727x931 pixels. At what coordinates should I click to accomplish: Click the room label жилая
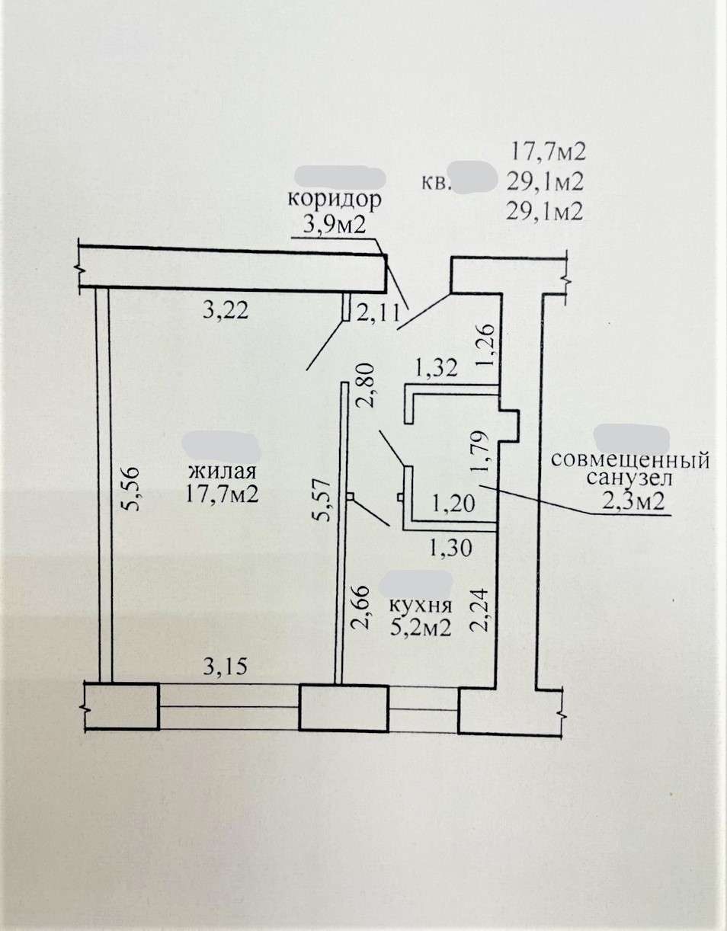(223, 472)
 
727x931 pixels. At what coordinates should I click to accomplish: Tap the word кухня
(420, 606)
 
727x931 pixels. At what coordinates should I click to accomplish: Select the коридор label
(334, 200)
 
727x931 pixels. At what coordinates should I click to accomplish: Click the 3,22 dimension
(226, 311)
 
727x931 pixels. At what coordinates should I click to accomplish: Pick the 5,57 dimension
(322, 500)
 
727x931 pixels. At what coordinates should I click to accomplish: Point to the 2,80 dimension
(366, 386)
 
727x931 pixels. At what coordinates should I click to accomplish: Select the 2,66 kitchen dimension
(360, 606)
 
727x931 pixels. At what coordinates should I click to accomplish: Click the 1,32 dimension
(436, 368)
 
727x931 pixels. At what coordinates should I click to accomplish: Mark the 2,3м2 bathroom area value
(633, 501)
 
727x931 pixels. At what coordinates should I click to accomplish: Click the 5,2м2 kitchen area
(421, 628)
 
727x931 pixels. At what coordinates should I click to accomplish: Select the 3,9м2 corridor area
(334, 224)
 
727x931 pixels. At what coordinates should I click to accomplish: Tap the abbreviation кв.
(437, 184)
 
